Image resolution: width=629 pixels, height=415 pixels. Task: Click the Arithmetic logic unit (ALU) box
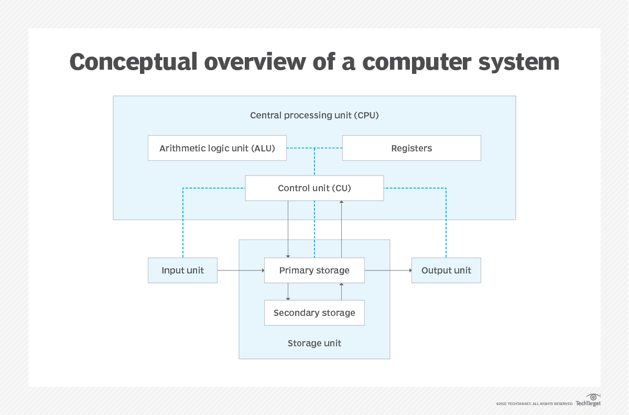pyautogui.click(x=218, y=148)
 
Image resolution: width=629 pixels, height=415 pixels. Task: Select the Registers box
pyautogui.click(x=411, y=148)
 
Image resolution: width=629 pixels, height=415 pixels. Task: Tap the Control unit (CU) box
pyautogui.click(x=314, y=188)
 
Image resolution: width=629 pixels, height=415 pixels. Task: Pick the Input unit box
pyautogui.click(x=182, y=270)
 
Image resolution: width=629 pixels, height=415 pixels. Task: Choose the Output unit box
pyautogui.click(x=446, y=270)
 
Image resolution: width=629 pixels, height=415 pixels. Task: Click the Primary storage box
pyautogui.click(x=314, y=270)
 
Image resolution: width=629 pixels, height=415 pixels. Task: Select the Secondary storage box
pyautogui.click(x=314, y=313)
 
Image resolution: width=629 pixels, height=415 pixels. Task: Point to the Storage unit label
pyautogui.click(x=314, y=343)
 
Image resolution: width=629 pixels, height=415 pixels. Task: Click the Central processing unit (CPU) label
pyautogui.click(x=314, y=115)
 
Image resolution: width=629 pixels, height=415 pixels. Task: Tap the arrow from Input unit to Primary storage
pyautogui.click(x=241, y=270)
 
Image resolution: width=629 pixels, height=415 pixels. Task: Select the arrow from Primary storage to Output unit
pyautogui.click(x=388, y=270)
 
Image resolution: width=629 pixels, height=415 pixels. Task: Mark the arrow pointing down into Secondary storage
pyautogui.click(x=288, y=292)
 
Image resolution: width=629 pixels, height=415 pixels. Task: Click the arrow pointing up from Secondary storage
pyautogui.click(x=341, y=292)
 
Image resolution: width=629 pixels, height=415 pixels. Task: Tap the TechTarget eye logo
pyautogui.click(x=593, y=397)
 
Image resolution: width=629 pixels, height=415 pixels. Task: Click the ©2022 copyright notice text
pyautogui.click(x=534, y=403)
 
